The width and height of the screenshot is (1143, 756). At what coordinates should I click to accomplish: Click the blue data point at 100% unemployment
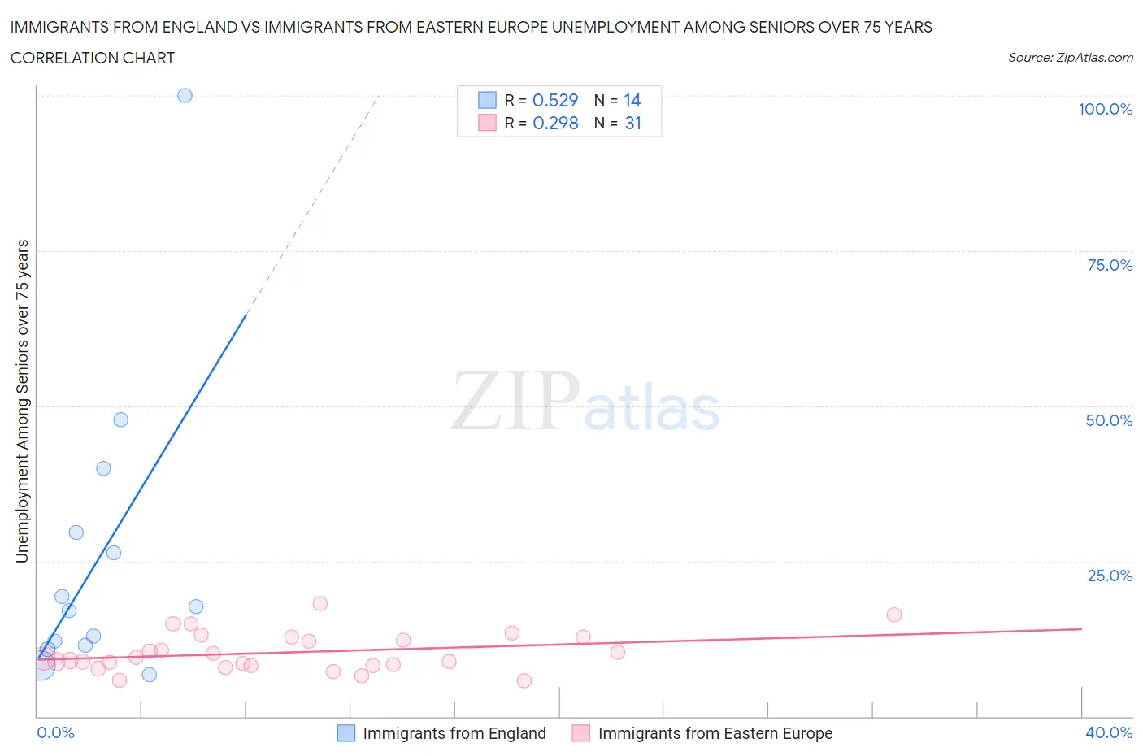click(x=185, y=95)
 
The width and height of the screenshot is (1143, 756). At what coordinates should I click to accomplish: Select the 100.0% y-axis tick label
click(x=1105, y=109)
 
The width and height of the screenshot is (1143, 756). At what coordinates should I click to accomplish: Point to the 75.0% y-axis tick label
click(x=1109, y=265)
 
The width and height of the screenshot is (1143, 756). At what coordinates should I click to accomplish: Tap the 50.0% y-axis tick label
click(x=1108, y=420)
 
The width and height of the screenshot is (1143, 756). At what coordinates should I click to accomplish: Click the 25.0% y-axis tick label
click(x=1109, y=576)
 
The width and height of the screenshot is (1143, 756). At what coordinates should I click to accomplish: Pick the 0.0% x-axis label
click(x=55, y=732)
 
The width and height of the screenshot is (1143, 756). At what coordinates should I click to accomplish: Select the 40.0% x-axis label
click(x=1108, y=732)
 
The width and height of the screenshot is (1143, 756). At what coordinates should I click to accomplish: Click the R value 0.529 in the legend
click(x=555, y=100)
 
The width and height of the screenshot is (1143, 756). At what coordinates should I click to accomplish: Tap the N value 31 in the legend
click(x=632, y=123)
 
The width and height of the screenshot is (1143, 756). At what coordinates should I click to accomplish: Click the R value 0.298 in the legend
click(x=555, y=123)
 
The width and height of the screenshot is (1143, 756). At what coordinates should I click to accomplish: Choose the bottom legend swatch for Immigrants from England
click(x=346, y=733)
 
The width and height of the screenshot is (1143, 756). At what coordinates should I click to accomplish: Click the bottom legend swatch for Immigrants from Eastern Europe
click(x=580, y=733)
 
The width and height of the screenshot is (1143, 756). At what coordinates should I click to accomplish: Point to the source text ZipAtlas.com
click(x=1093, y=58)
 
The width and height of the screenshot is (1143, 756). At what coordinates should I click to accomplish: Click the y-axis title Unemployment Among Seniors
click(x=22, y=401)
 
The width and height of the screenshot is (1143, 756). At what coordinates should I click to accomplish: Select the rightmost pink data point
click(x=894, y=615)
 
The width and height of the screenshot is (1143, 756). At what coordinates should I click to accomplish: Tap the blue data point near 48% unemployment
click(x=120, y=419)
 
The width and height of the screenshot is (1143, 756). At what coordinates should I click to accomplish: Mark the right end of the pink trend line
click(x=1081, y=628)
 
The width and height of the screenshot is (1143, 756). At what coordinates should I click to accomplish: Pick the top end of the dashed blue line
click(x=379, y=95)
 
